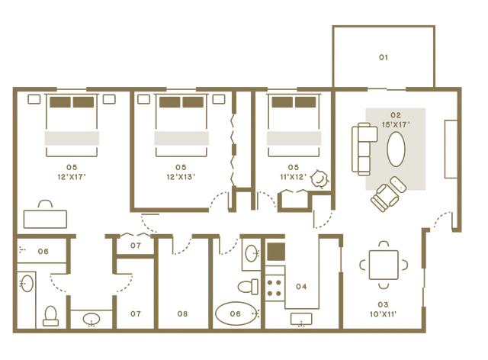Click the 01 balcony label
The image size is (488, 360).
pyautogui.click(x=384, y=57)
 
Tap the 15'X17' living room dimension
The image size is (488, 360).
pyautogui.click(x=396, y=125)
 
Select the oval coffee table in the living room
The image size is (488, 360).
pyautogui.click(x=396, y=149)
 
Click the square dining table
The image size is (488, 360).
pyautogui.click(x=384, y=265)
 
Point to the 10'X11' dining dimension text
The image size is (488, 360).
pyautogui.click(x=383, y=314)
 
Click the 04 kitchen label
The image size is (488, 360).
pyautogui.click(x=301, y=287)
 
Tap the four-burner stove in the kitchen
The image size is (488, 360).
pyautogui.click(x=274, y=288)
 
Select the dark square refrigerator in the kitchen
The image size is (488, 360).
pyautogui.click(x=276, y=252)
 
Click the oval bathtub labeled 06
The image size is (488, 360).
pyautogui.click(x=236, y=313)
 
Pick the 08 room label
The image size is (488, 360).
pyautogui.click(x=183, y=314)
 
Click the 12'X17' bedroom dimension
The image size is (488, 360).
pyautogui.click(x=72, y=177)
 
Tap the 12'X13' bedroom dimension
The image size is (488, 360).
pyautogui.click(x=181, y=177)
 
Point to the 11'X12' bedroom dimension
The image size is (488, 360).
pyautogui.click(x=293, y=177)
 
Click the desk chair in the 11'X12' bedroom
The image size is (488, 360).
pyautogui.click(x=319, y=178)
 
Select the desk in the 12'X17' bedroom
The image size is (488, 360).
pyautogui.click(x=46, y=219)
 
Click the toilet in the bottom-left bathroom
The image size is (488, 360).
pyautogui.click(x=50, y=316)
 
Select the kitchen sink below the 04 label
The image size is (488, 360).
pyautogui.click(x=301, y=320)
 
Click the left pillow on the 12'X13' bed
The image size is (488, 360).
pyautogui.click(x=169, y=102)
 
